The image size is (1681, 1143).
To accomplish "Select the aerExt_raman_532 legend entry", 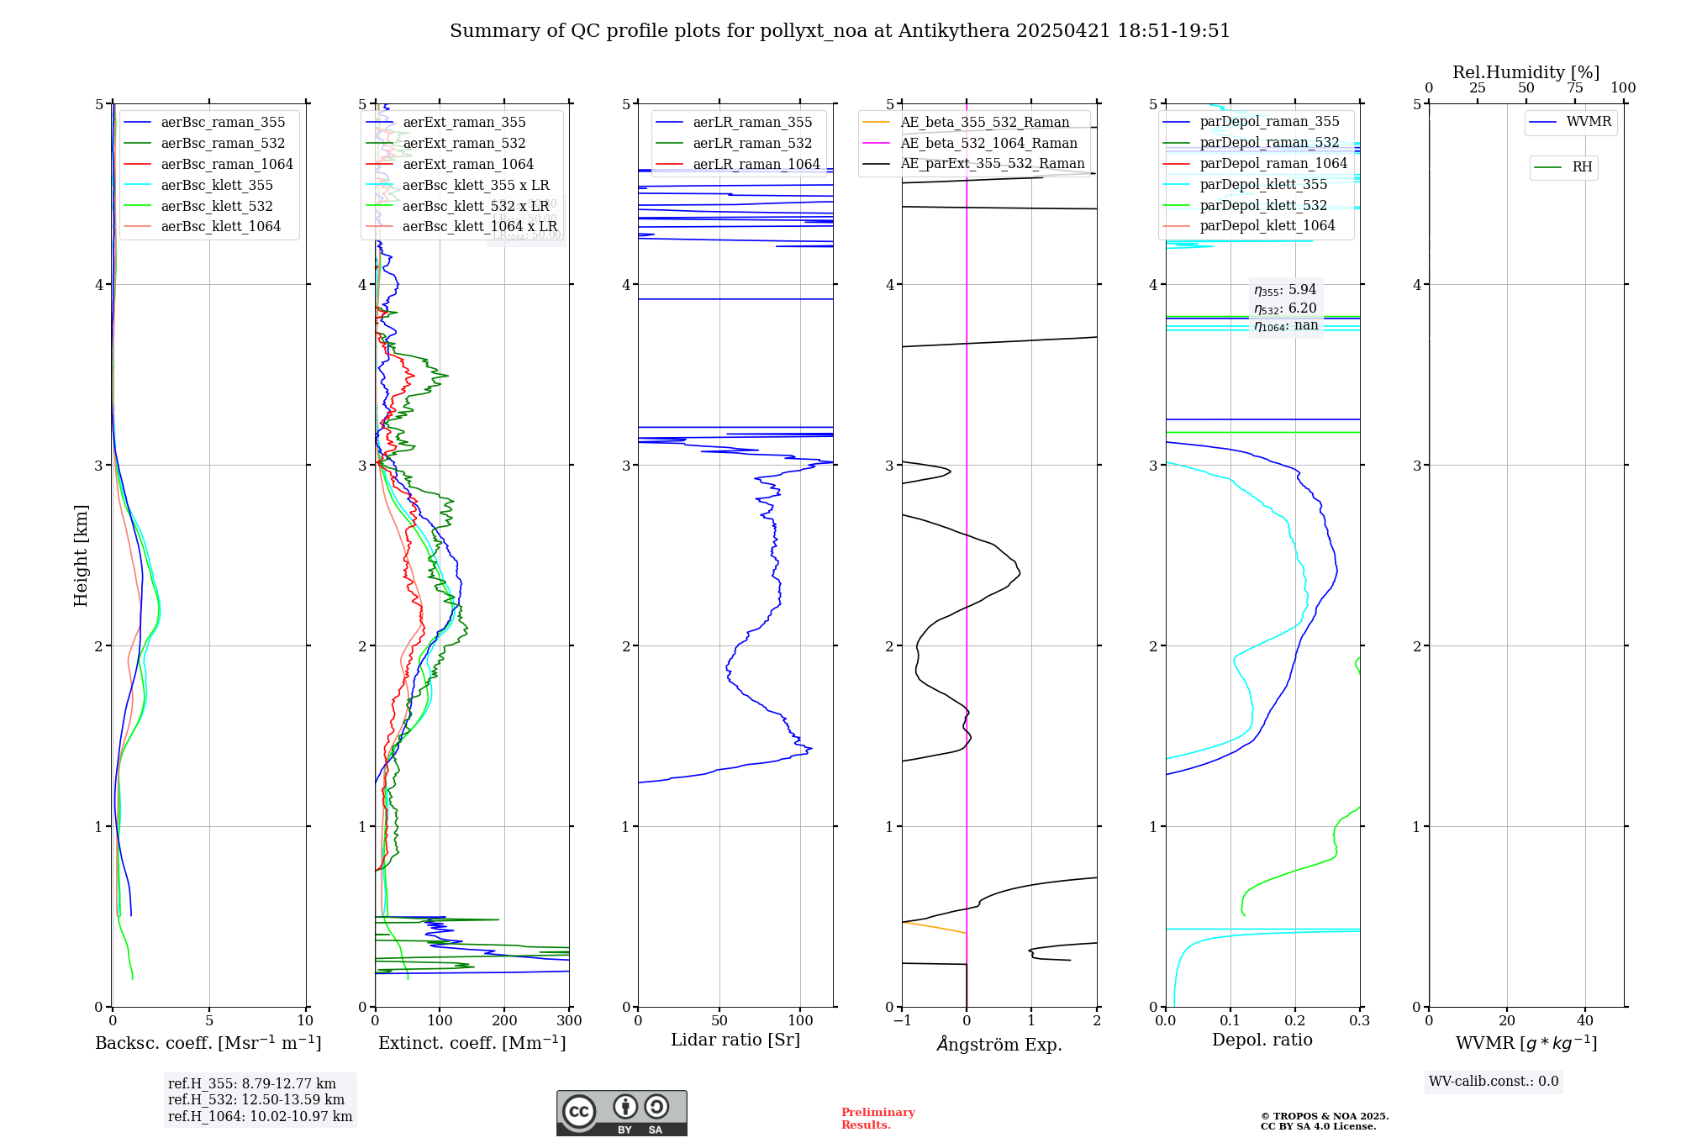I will click(464, 143).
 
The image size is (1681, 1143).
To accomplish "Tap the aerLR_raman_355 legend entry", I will click(752, 122).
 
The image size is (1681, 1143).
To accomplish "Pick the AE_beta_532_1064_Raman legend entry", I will click(988, 143).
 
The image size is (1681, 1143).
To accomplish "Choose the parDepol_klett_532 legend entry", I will click(1263, 205).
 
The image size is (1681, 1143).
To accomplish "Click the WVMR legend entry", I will click(1589, 122).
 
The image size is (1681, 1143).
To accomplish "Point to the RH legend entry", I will click(1582, 167).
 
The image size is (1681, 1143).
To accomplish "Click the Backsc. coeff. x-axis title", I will click(208, 1043).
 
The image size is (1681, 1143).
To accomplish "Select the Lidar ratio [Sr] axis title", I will click(735, 1040).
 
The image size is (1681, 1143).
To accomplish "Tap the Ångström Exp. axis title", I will click(999, 1044).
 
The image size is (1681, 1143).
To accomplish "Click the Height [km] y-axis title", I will click(81, 556).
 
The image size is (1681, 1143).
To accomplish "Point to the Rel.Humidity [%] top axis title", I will click(1526, 72).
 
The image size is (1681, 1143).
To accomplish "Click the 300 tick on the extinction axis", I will click(569, 1021).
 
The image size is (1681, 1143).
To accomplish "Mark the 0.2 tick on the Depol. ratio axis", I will click(1295, 1021).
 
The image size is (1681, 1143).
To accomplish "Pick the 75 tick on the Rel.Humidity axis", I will click(1575, 88).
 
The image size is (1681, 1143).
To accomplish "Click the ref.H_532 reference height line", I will click(256, 1099).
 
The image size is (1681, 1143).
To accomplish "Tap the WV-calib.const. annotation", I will click(1494, 1082).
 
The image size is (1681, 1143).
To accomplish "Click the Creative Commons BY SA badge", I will click(621, 1113).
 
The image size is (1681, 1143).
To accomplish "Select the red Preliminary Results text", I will click(877, 1119).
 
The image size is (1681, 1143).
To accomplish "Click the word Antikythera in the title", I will click(954, 31).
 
